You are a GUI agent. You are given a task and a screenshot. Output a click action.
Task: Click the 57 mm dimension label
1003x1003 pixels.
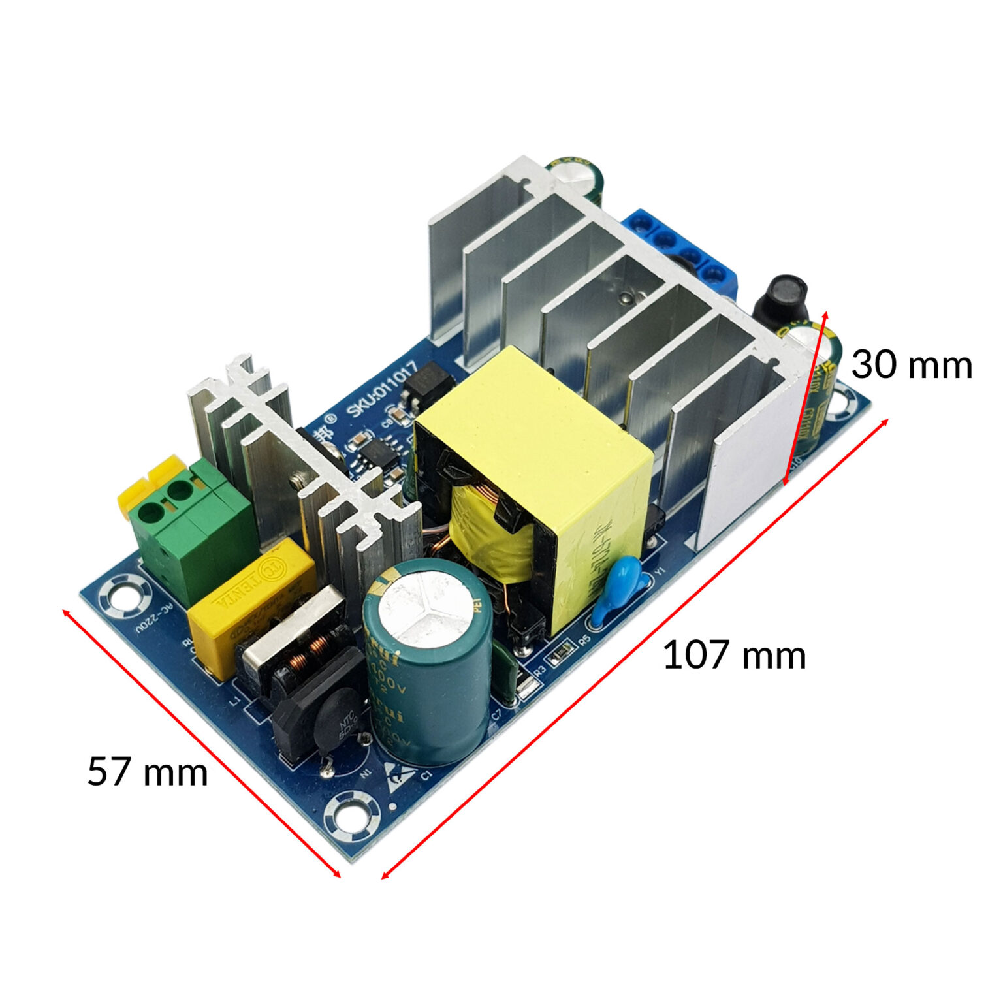[148, 771]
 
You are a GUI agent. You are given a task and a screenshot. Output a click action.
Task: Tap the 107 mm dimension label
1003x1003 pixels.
[734, 655]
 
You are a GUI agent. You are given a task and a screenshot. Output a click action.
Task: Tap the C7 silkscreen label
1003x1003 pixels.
[496, 714]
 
